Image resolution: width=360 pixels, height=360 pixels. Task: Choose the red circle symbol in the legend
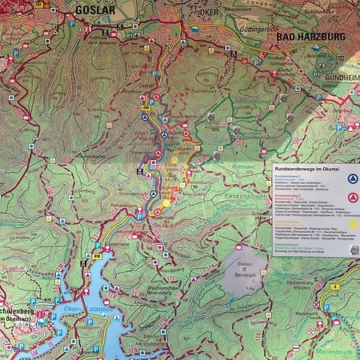[353, 197]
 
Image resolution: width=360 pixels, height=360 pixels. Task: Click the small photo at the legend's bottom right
[353, 250]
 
